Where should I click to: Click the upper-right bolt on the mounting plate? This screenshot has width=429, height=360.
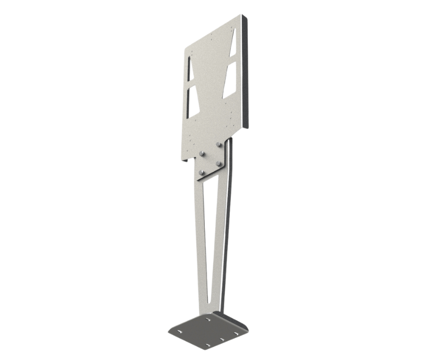219,145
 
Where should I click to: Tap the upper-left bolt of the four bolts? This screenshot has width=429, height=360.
201,153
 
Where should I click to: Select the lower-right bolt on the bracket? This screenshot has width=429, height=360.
219,164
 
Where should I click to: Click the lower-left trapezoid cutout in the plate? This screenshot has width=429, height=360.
192,99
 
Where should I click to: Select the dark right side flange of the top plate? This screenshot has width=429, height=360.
248,73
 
